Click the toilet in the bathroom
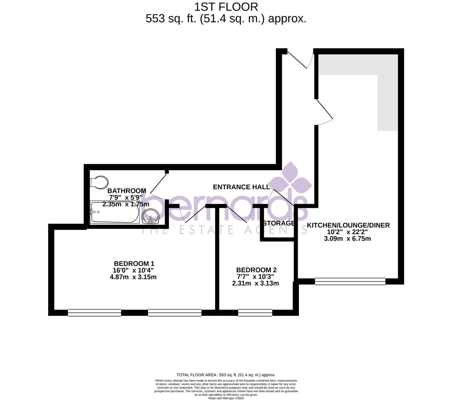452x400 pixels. [x=99, y=182]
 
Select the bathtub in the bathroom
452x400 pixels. [x=115, y=213]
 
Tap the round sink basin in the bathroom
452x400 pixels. [x=150, y=216]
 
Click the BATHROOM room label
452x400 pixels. [x=127, y=191]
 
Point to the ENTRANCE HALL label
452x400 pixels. [x=241, y=187]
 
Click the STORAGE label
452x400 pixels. [x=279, y=223]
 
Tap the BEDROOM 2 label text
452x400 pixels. [x=256, y=270]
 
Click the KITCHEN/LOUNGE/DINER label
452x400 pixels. [x=348, y=225]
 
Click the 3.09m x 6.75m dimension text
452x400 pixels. [x=347, y=239]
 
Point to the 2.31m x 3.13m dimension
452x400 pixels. [x=255, y=283]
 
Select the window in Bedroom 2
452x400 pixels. [x=255, y=313]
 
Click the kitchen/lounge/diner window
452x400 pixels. [x=350, y=281]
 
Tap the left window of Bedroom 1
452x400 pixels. [x=94, y=313]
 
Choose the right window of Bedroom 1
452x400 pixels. [x=175, y=313]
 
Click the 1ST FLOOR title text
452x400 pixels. [x=226, y=7]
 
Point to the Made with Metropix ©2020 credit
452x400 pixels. [x=226, y=398]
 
